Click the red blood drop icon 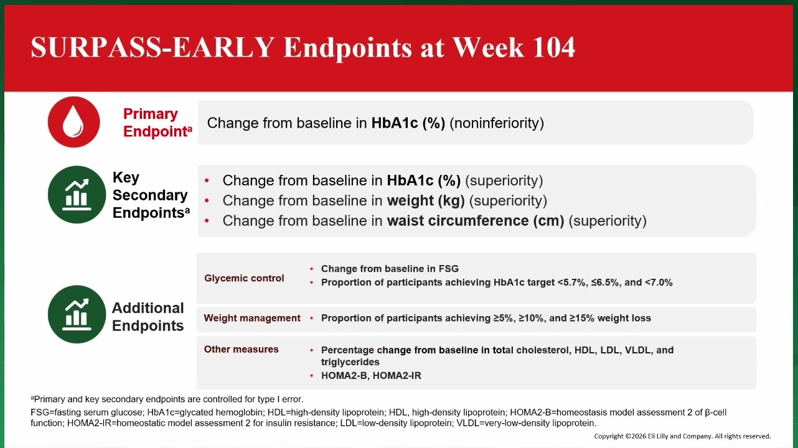click(x=73, y=122)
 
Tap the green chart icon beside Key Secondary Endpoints click(x=77, y=194)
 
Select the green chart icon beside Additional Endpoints click(x=77, y=314)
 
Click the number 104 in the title click(x=553, y=47)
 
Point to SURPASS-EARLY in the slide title click(x=153, y=47)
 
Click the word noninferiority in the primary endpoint click(x=497, y=123)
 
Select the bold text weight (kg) click(x=426, y=200)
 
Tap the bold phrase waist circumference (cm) click(x=476, y=221)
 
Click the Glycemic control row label click(x=244, y=278)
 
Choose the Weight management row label click(x=252, y=318)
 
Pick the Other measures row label click(x=241, y=349)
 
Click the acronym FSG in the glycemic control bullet click(x=449, y=269)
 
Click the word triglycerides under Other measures click(x=350, y=362)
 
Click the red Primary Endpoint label click(x=157, y=123)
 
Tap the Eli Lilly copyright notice click(x=682, y=436)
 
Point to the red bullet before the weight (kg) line click(x=207, y=201)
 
